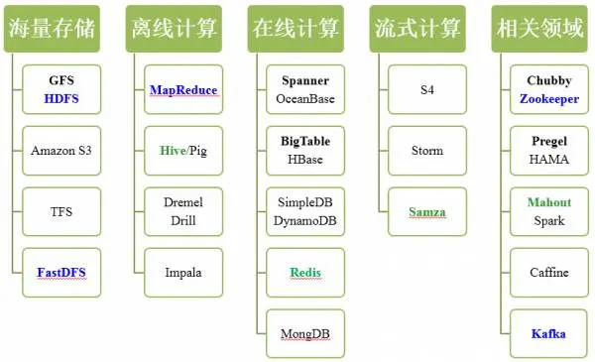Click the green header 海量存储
[x=53, y=29]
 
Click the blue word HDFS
[x=61, y=99]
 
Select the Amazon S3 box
[x=61, y=151]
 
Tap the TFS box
[x=61, y=211]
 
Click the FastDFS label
[x=61, y=272]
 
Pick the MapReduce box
[x=183, y=90]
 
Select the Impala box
[x=183, y=272]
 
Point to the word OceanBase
[x=304, y=99]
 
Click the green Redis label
[x=304, y=272]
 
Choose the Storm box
[x=427, y=151]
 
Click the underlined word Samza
[x=427, y=211]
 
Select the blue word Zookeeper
[x=548, y=99]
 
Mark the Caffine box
[x=548, y=272]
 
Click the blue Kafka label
[x=548, y=333]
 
